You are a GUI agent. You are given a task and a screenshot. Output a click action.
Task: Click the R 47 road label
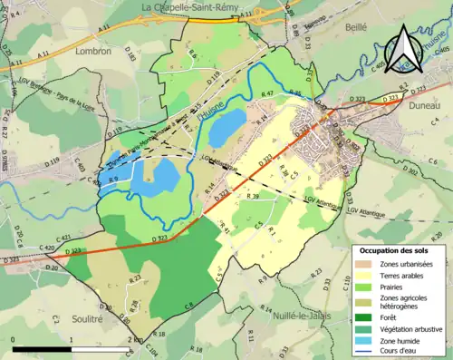[x=267, y=94]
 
